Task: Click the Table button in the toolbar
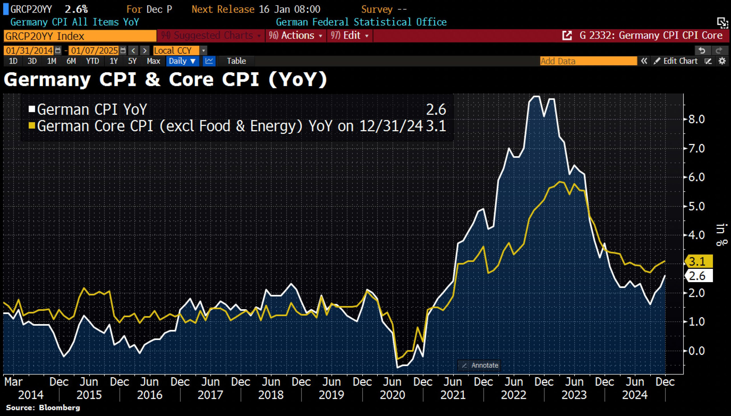[x=236, y=61]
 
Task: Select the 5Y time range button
[x=132, y=61]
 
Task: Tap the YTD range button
[x=93, y=61]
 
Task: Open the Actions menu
[x=296, y=35]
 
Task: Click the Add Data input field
[x=588, y=61]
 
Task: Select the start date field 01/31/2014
[x=29, y=51]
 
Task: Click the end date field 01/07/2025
[x=94, y=51]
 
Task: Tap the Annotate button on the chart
[x=480, y=365]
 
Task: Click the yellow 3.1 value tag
[x=699, y=261]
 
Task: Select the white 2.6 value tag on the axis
[x=699, y=276]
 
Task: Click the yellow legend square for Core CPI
[x=32, y=126]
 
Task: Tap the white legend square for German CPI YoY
[x=32, y=109]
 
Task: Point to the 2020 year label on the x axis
[x=392, y=395]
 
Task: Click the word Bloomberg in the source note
[x=59, y=407]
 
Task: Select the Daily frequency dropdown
[x=182, y=61]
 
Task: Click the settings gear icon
[x=722, y=61]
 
